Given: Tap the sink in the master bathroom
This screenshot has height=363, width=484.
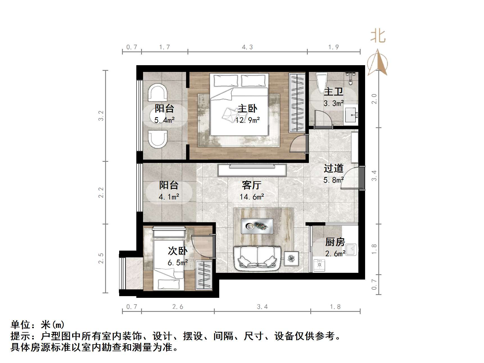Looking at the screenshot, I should (x=351, y=115).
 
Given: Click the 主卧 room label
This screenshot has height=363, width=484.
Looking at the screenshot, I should (x=247, y=109).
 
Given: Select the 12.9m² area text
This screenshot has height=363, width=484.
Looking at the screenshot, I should (x=247, y=120).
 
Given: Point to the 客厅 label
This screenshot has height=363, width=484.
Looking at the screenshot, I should (x=252, y=185).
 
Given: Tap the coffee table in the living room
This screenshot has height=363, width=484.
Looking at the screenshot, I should (x=257, y=226).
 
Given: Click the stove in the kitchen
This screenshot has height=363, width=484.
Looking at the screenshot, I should (x=319, y=265).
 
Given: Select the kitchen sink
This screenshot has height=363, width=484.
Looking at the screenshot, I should (x=351, y=249).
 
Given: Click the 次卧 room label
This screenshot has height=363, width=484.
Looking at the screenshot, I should (x=178, y=251).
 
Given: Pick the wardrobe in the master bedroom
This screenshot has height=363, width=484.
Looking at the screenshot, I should (x=297, y=103).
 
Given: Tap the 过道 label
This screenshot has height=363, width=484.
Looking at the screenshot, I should (x=334, y=168).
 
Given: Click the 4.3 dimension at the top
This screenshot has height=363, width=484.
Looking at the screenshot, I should (x=247, y=47).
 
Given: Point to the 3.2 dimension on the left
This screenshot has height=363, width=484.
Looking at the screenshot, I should (x=101, y=116).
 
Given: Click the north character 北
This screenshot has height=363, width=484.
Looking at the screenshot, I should (x=378, y=37).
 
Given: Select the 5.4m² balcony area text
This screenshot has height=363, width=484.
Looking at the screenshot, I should (x=164, y=120).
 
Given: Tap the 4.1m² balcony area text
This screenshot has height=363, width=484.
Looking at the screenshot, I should (x=169, y=197).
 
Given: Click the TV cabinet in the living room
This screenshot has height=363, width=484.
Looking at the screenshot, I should (x=252, y=170).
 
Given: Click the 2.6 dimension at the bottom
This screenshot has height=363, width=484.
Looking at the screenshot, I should (x=178, y=307).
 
